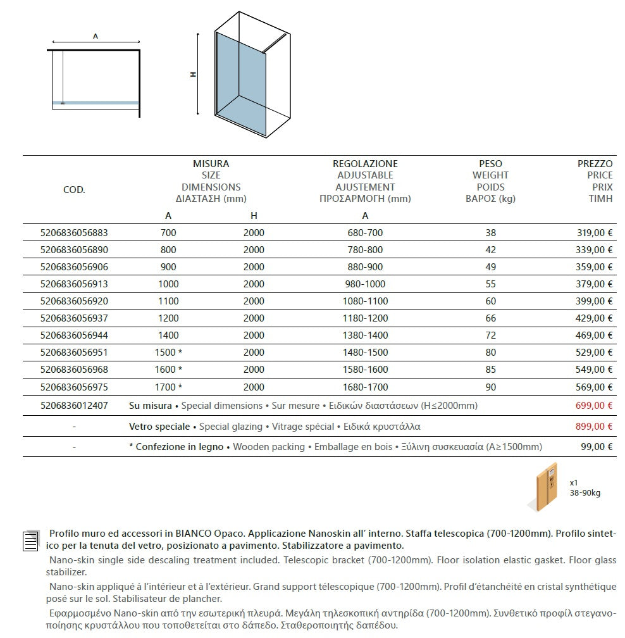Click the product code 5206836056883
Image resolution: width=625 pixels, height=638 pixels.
pyautogui.click(x=74, y=233)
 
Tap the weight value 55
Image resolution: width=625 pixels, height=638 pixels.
pyautogui.click(x=491, y=284)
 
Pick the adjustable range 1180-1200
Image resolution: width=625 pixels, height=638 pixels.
pyautogui.click(x=365, y=318)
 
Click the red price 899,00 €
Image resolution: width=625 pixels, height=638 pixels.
pyautogui.click(x=593, y=427)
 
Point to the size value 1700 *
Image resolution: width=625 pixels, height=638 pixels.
pyautogui.click(x=169, y=387)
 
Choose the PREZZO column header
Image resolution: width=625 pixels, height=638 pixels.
pyautogui.click(x=595, y=164)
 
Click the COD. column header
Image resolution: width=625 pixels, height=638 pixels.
pyautogui.click(x=74, y=190)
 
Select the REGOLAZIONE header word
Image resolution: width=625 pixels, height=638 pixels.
pyautogui.click(x=365, y=164)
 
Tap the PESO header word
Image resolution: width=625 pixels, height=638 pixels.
pyautogui.click(x=490, y=164)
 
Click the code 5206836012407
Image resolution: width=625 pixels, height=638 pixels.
pyautogui.click(x=74, y=406)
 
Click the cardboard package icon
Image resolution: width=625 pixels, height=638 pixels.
pyautogui.click(x=545, y=485)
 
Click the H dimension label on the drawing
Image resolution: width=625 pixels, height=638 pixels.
pyautogui.click(x=194, y=75)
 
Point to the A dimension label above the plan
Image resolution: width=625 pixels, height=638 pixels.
pyautogui.click(x=96, y=37)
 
